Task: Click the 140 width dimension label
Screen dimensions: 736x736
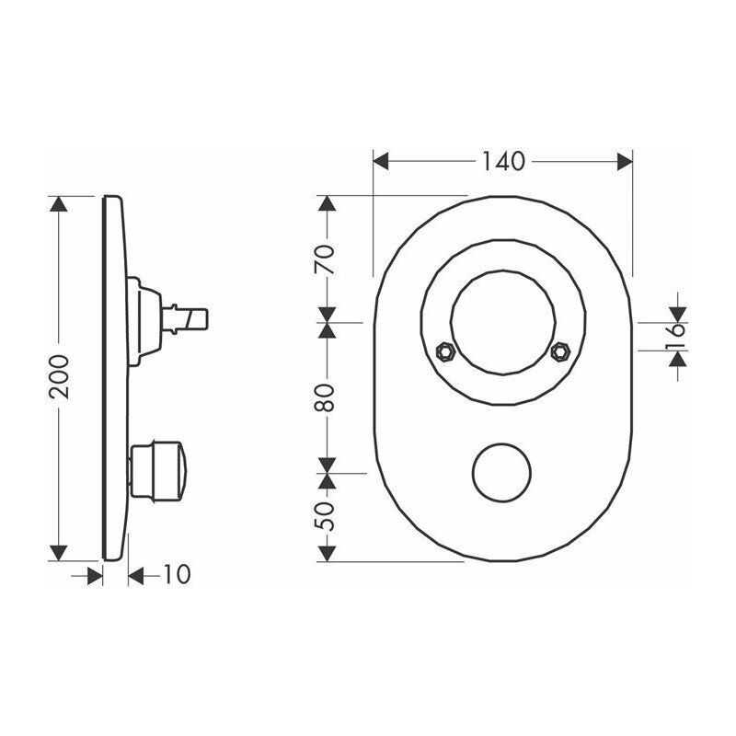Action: pos(502,161)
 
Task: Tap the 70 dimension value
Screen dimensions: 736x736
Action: pos(324,259)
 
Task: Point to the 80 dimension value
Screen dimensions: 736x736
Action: pos(325,396)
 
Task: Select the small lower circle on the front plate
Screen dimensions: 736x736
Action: pos(501,473)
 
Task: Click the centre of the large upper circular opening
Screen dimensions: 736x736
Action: pos(502,323)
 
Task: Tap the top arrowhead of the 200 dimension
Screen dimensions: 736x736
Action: pos(59,204)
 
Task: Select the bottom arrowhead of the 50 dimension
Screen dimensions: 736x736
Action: pos(325,553)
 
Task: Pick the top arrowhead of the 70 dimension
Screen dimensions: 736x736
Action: pos(325,204)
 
